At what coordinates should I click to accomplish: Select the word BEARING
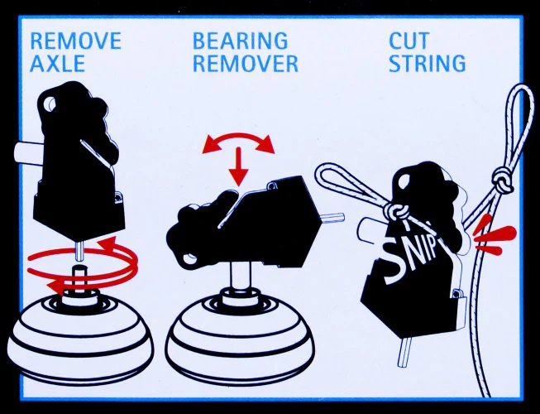(240, 41)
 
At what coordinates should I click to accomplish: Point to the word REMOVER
(246, 63)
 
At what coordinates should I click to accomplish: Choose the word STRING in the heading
(428, 63)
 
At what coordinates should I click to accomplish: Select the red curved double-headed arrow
(239, 143)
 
